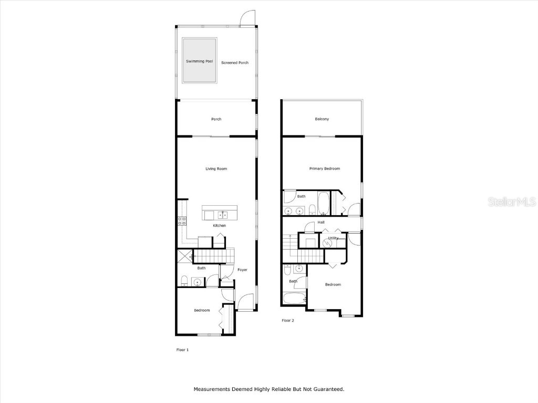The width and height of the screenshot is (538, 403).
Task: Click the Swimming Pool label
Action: pyautogui.click(x=199, y=61)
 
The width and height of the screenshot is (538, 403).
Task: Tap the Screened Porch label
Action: pyautogui.click(x=235, y=63)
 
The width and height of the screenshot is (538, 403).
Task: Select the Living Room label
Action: pyautogui.click(x=216, y=168)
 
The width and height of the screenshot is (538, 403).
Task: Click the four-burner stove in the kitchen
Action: pyautogui.click(x=182, y=221)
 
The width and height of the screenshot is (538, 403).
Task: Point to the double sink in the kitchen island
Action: pyautogui.click(x=223, y=215)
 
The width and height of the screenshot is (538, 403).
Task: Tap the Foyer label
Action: pyautogui.click(x=242, y=270)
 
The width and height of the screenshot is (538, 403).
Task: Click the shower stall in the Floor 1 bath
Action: pyautogui.click(x=184, y=256)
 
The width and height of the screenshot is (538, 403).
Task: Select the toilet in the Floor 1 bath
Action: pyautogui.click(x=184, y=281)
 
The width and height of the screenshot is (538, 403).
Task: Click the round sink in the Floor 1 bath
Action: pyautogui.click(x=197, y=282)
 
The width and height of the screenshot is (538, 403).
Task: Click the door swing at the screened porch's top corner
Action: pyautogui.click(x=247, y=18)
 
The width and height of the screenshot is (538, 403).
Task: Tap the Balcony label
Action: pyautogui.click(x=322, y=119)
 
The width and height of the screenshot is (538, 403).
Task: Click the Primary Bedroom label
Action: pyautogui.click(x=325, y=168)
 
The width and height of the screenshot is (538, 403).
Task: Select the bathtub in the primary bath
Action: pyautogui.click(x=324, y=203)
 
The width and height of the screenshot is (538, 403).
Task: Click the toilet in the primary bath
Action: pyautogui.click(x=312, y=209)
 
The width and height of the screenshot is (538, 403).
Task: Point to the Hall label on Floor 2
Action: pyautogui.click(x=321, y=222)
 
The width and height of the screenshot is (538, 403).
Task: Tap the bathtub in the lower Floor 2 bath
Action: pyautogui.click(x=294, y=298)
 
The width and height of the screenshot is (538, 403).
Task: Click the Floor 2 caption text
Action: pyautogui.click(x=288, y=321)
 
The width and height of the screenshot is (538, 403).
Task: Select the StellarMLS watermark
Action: pyautogui.click(x=512, y=201)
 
